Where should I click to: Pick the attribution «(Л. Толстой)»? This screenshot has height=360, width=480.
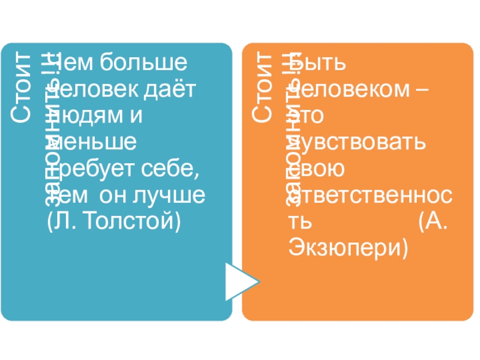point(113,221)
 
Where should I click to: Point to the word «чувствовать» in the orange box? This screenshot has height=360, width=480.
point(358,143)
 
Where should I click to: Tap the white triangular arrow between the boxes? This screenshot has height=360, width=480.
point(241,280)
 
